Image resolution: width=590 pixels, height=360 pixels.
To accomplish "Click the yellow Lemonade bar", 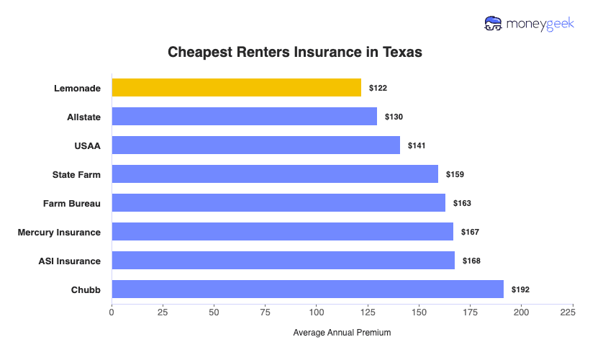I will [x=236, y=88].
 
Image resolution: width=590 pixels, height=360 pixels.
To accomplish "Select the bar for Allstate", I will [x=244, y=117].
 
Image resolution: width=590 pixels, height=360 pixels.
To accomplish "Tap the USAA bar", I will [x=255, y=145].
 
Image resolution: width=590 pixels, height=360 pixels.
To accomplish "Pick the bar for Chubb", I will [x=307, y=289].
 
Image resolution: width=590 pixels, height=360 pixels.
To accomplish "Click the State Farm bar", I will [x=274, y=174].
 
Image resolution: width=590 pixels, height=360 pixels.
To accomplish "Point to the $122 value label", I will [x=378, y=88].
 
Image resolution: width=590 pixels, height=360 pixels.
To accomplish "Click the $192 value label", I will [x=520, y=289].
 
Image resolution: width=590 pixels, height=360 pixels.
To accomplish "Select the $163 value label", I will [x=462, y=203].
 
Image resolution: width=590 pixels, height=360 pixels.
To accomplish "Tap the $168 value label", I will [x=471, y=261].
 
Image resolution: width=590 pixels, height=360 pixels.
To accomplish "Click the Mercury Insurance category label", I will [x=59, y=232].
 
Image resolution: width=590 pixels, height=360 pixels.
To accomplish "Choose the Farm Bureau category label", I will [x=72, y=203].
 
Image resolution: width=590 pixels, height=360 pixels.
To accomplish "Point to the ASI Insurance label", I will [x=69, y=261].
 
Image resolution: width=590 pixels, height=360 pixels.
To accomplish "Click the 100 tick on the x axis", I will [x=316, y=312].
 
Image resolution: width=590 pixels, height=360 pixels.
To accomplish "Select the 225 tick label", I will [x=567, y=312].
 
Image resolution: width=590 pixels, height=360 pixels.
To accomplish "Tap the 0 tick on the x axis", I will [x=112, y=312].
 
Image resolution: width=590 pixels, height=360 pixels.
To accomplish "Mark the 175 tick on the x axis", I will [x=470, y=312].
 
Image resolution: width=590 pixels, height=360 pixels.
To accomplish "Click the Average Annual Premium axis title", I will [x=342, y=333].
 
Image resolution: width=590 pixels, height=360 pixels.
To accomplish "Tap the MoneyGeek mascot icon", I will [x=494, y=23].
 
